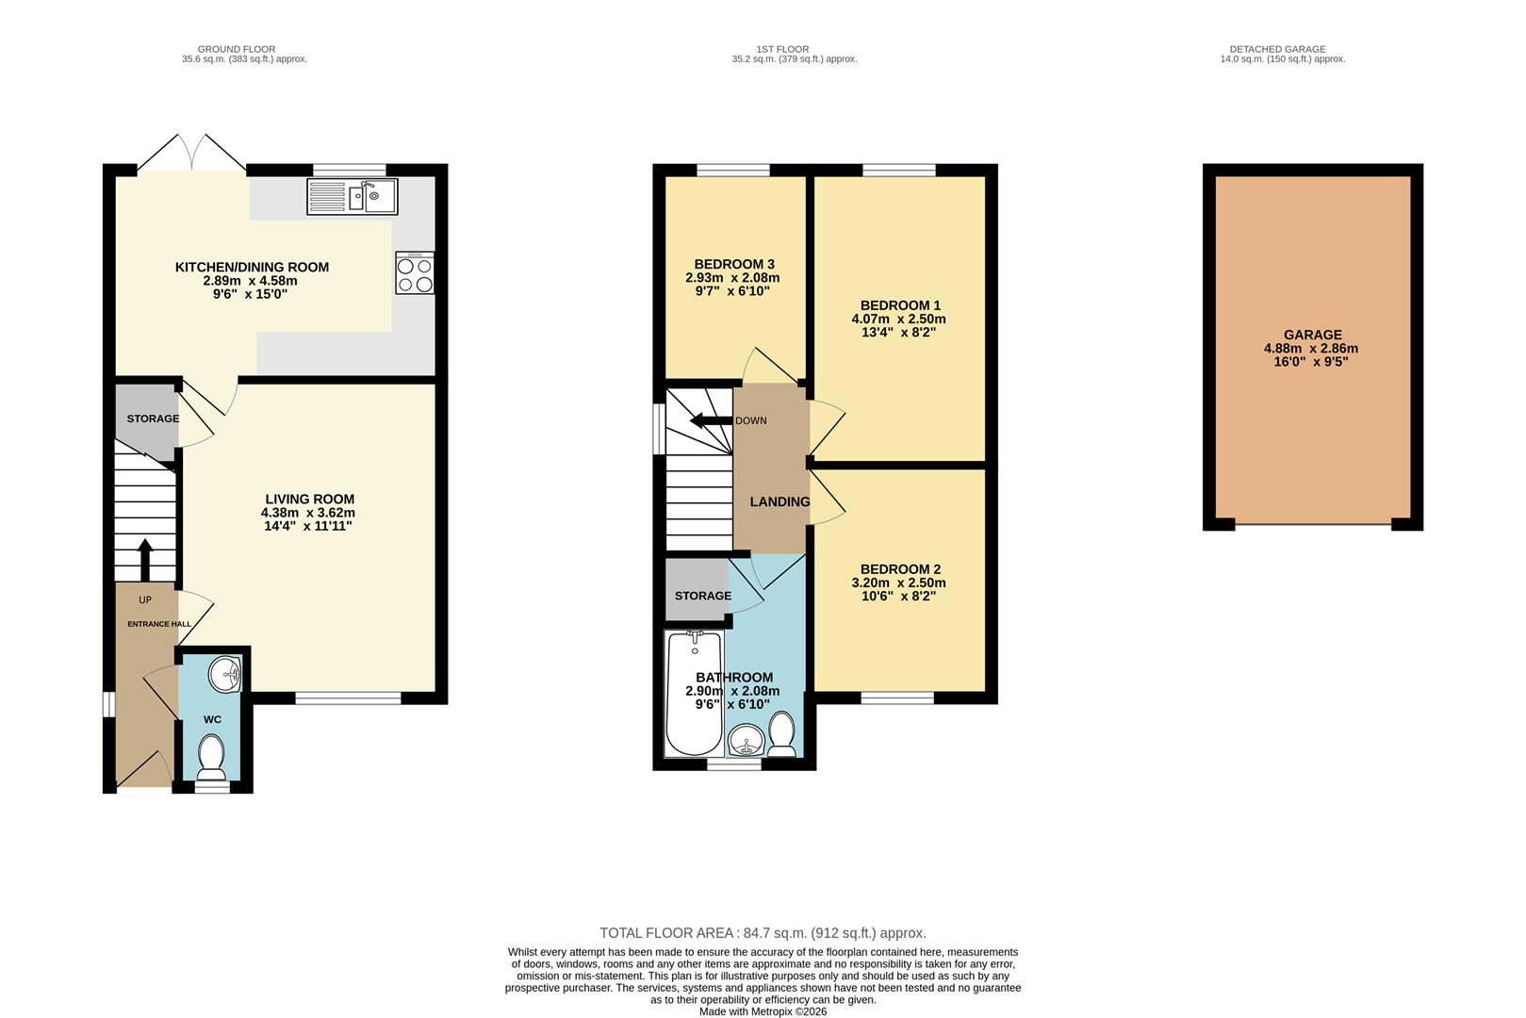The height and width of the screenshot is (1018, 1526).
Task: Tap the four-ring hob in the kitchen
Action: (415, 273)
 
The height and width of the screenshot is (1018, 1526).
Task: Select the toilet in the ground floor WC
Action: (212, 755)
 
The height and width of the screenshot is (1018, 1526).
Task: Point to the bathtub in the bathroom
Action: (694, 693)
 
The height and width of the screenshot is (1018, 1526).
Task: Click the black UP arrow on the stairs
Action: (145, 559)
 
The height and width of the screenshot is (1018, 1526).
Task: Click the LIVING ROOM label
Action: (309, 500)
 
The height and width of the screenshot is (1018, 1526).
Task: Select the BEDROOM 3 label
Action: (733, 264)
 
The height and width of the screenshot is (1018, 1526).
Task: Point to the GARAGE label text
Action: (1312, 335)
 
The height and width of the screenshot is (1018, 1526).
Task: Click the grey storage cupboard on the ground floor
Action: (146, 419)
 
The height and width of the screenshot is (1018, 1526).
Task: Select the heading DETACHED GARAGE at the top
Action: (1277, 49)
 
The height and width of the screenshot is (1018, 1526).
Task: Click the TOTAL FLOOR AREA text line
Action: (763, 933)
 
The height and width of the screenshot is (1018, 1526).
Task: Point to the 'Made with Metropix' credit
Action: (763, 1011)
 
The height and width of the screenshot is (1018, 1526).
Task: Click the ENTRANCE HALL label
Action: (159, 624)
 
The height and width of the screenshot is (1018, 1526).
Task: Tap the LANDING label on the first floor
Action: (779, 501)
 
